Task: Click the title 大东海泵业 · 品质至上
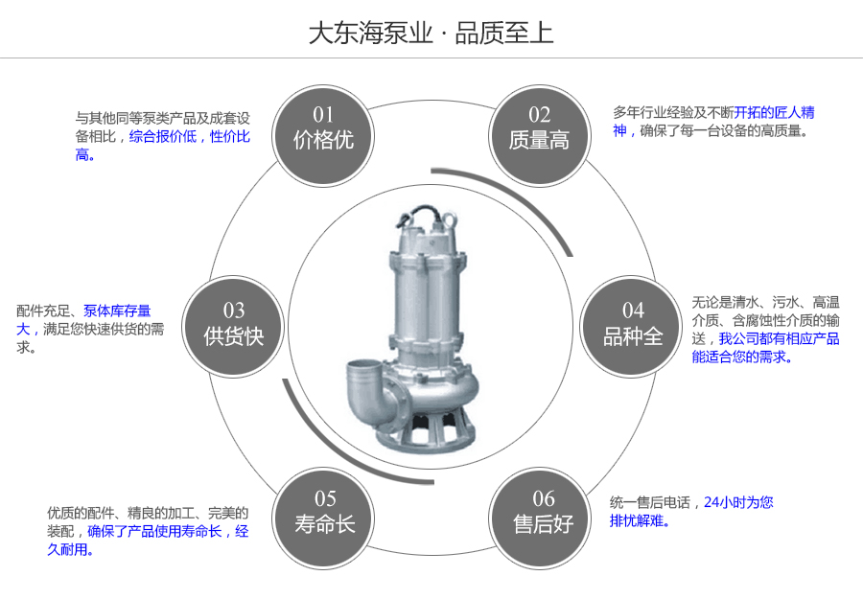click(x=431, y=34)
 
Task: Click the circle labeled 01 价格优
click(x=323, y=128)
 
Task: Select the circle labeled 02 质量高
click(x=539, y=128)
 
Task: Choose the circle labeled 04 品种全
click(x=633, y=324)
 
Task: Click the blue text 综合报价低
click(x=163, y=137)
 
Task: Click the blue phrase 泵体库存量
click(x=117, y=311)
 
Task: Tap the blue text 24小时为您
click(x=738, y=502)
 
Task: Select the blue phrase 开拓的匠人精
click(x=775, y=112)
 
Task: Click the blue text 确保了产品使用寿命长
click(x=154, y=531)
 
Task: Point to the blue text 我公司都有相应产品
click(x=780, y=338)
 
